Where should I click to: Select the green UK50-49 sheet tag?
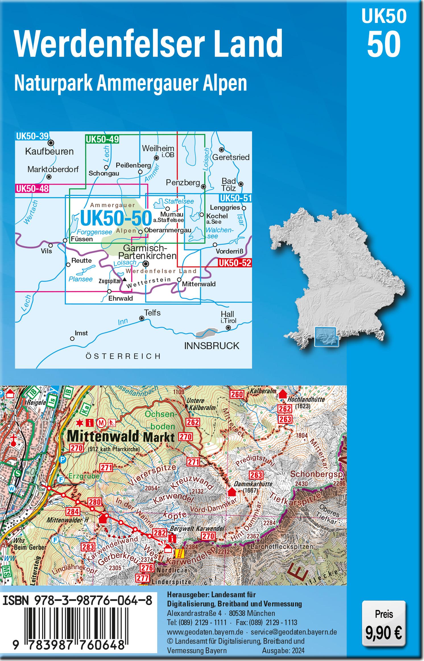(102, 139)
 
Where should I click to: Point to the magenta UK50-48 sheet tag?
(32, 189)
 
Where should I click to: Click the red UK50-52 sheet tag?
(235, 263)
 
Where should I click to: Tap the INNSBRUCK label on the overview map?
(212, 346)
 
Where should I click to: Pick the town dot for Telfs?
(141, 318)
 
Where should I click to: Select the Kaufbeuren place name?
(49, 151)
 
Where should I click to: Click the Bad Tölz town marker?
(241, 184)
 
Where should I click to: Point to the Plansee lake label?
(80, 279)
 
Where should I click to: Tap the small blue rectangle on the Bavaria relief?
(326, 336)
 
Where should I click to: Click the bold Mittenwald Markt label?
(120, 436)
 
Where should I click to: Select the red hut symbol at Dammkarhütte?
(232, 492)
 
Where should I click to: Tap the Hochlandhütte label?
(302, 399)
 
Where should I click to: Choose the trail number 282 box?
(159, 533)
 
